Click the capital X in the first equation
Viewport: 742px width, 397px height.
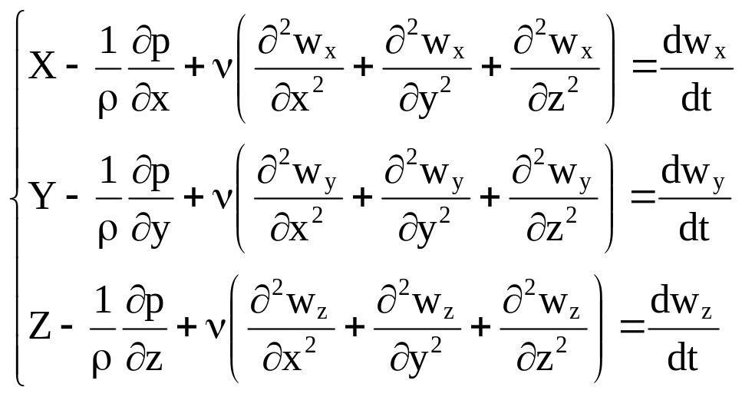pyautogui.click(x=42, y=68)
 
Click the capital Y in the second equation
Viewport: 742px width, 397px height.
pyautogui.click(x=42, y=199)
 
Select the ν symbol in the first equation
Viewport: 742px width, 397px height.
pyautogui.click(x=223, y=69)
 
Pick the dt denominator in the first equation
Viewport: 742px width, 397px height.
pyautogui.click(x=697, y=100)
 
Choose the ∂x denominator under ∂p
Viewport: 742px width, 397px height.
pyautogui.click(x=150, y=100)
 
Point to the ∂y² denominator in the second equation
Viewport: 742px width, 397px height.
pyautogui.click(x=427, y=229)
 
